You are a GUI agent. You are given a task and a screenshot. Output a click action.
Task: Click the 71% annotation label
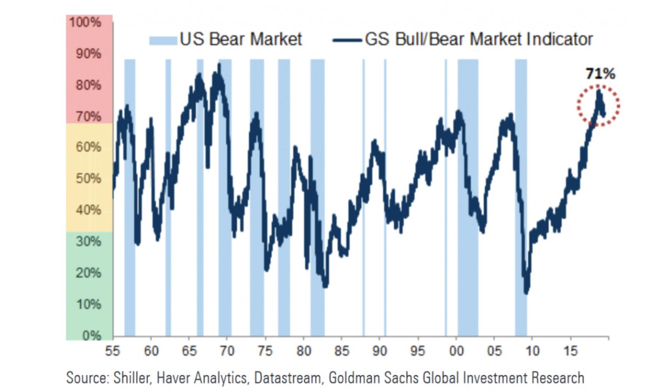point(600,74)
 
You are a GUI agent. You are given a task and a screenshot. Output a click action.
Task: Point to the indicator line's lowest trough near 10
point(526,292)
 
